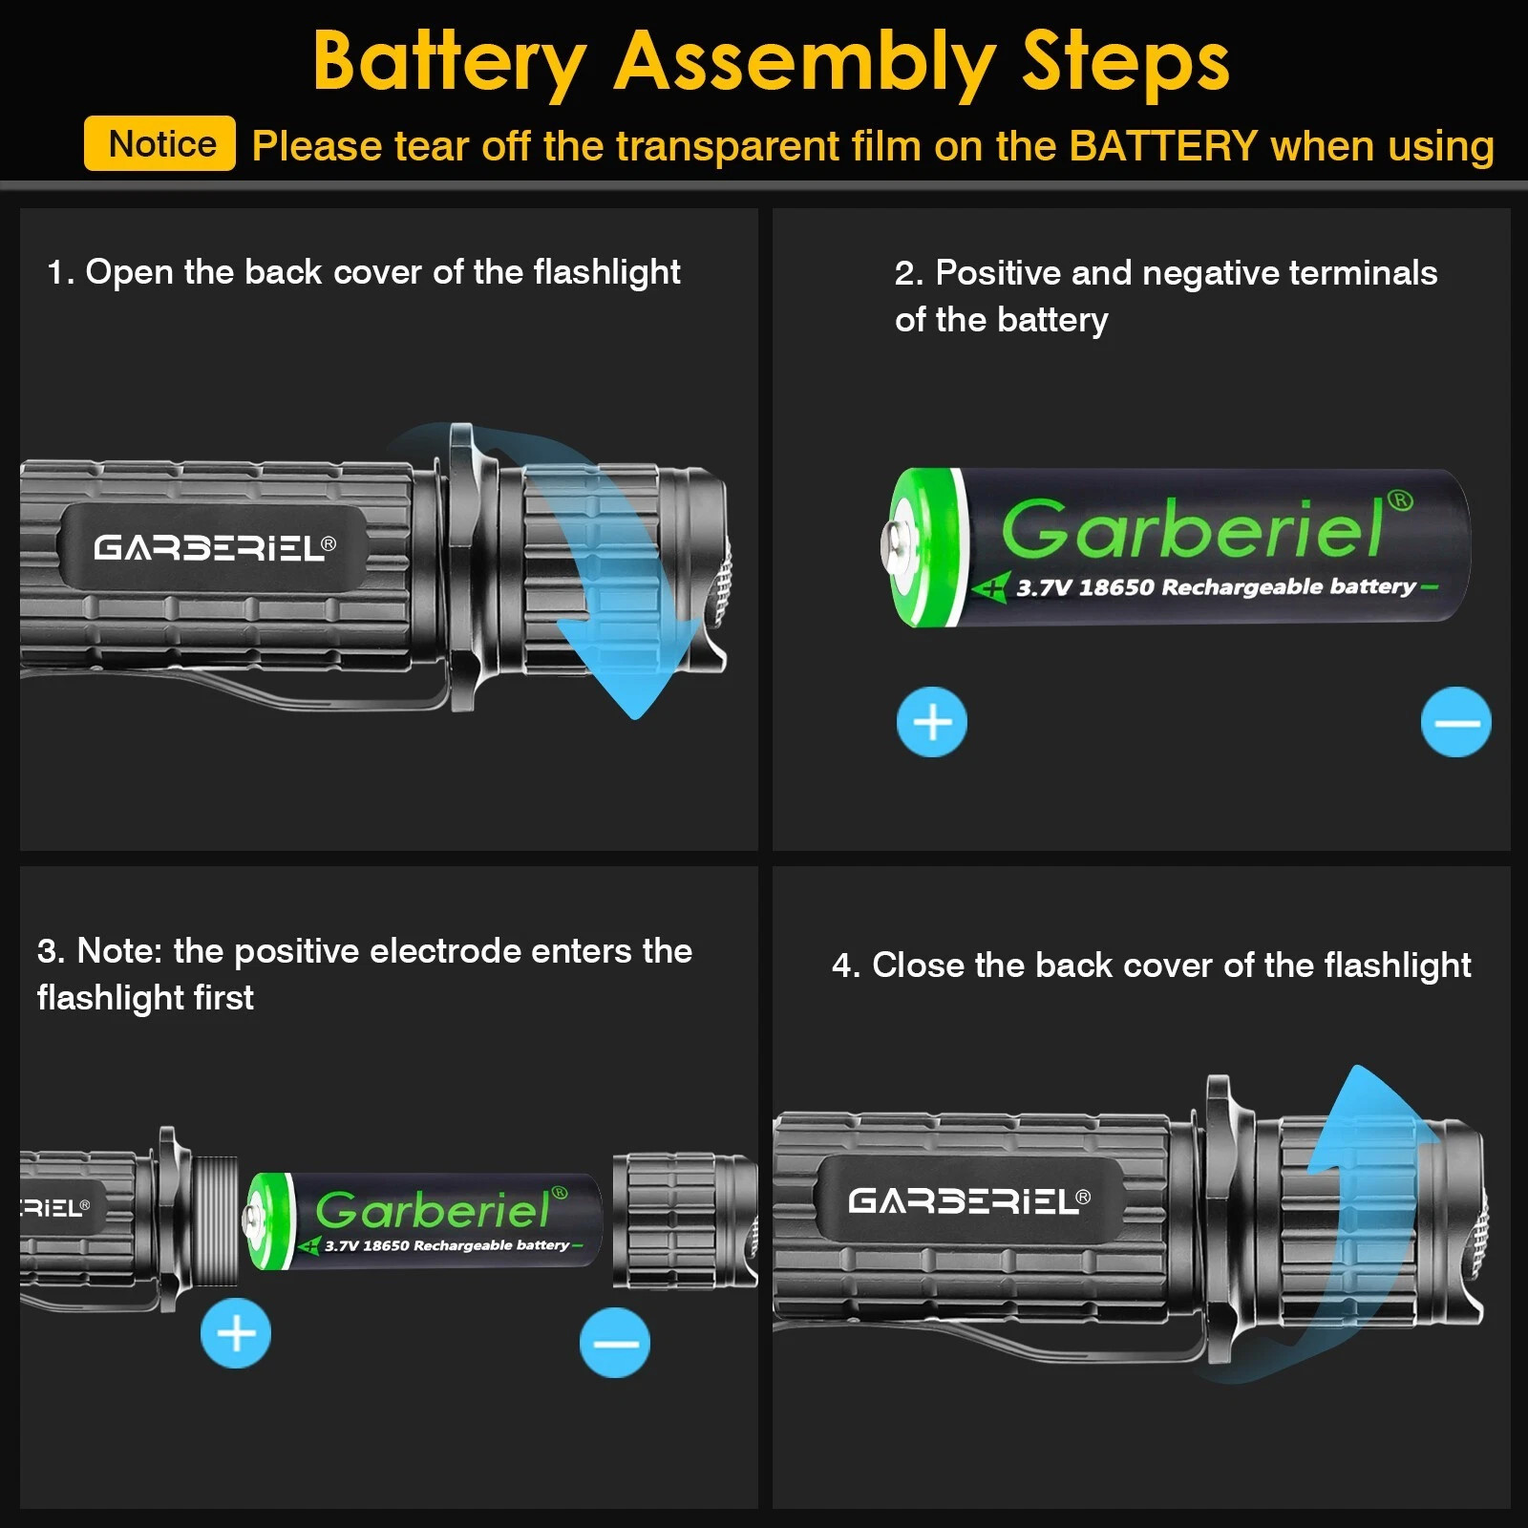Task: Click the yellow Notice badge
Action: pyautogui.click(x=159, y=144)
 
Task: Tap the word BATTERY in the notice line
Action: pyautogui.click(x=1163, y=146)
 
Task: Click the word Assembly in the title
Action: pyautogui.click(x=804, y=62)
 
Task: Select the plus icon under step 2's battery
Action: pyautogui.click(x=932, y=722)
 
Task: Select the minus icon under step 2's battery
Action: pyautogui.click(x=1455, y=722)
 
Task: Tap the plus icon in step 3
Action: pyautogui.click(x=236, y=1333)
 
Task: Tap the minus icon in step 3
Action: pyautogui.click(x=615, y=1343)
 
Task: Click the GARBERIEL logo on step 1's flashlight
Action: pyautogui.click(x=213, y=547)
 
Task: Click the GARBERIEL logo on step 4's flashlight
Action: pyautogui.click(x=967, y=1200)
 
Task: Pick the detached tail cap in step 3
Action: pyautogui.click(x=683, y=1220)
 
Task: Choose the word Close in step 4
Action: pyautogui.click(x=918, y=966)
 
